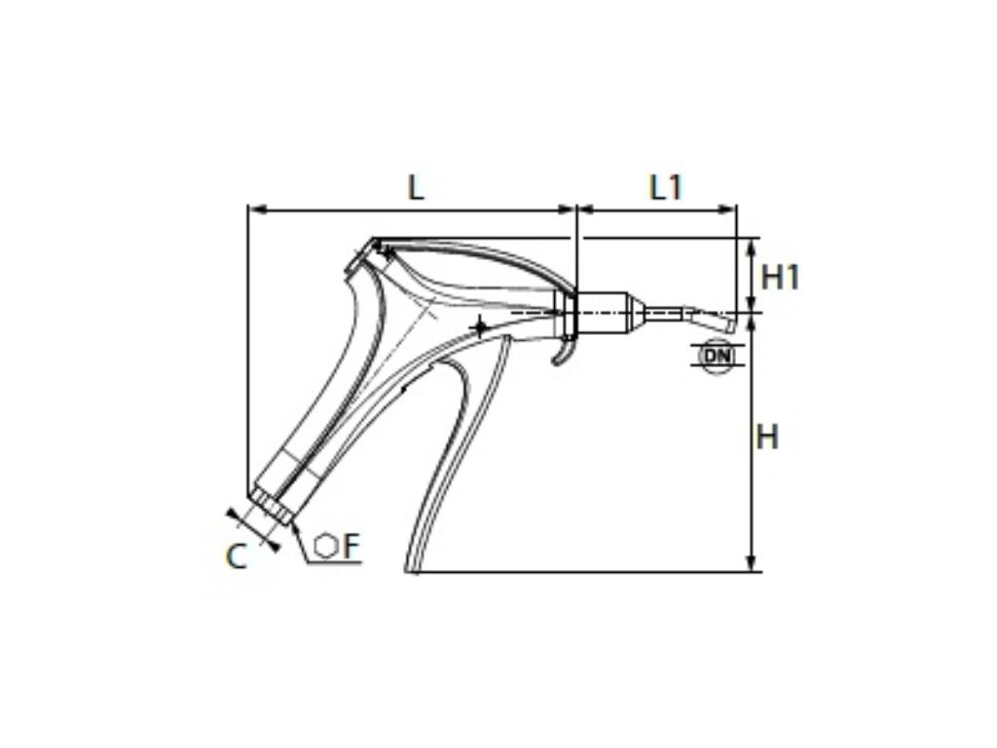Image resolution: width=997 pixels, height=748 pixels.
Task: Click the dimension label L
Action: [416, 186]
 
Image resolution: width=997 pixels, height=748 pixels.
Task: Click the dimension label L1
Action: [666, 186]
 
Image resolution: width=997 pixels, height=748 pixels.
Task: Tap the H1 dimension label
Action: [780, 277]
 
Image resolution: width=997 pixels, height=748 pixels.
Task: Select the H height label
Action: [767, 437]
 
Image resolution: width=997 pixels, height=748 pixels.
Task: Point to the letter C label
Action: [236, 556]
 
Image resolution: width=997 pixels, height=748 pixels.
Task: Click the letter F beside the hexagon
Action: [351, 546]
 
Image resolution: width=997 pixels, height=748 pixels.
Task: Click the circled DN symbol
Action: [717, 355]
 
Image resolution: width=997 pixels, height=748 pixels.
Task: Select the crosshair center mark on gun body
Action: [479, 325]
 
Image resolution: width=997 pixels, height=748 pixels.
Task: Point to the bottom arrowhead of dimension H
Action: [750, 565]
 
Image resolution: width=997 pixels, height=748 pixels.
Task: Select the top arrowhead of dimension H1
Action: [750, 244]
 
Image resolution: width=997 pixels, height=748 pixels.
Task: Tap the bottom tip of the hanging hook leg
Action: [413, 570]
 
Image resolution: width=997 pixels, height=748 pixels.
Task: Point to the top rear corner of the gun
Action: [375, 241]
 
